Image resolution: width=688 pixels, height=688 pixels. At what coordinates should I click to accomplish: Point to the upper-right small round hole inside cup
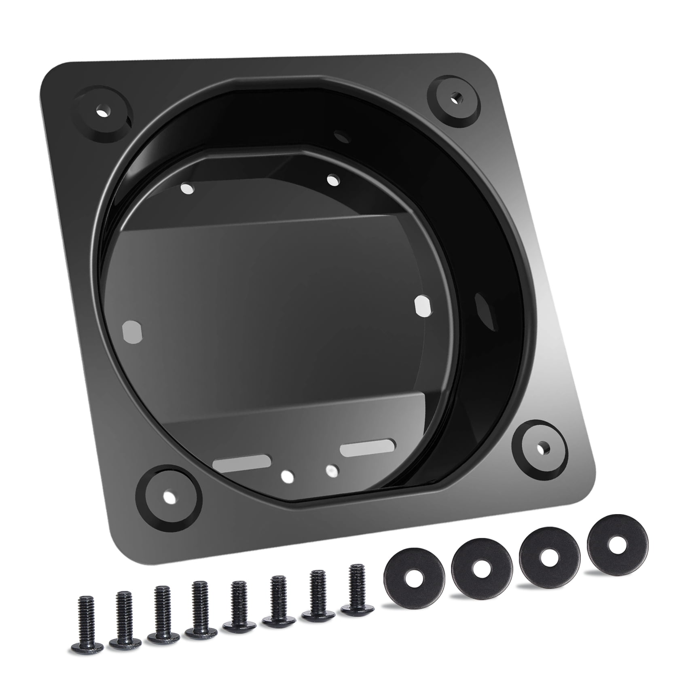[333, 180]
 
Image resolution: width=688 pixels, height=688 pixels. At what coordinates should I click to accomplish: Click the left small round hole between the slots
[288, 476]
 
